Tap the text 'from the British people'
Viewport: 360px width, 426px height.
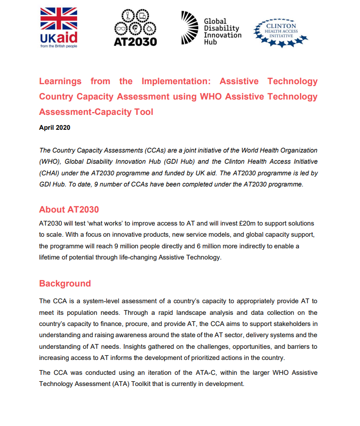[x=59, y=47]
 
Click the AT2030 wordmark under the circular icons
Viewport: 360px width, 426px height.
[x=135, y=41]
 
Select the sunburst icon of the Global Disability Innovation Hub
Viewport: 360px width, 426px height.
[x=190, y=28]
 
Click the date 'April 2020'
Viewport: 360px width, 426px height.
[x=54, y=127]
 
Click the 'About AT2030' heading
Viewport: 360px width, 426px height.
[x=69, y=209]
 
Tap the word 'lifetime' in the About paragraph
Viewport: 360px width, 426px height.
[x=51, y=257]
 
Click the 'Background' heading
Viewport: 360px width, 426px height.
[x=65, y=283]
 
